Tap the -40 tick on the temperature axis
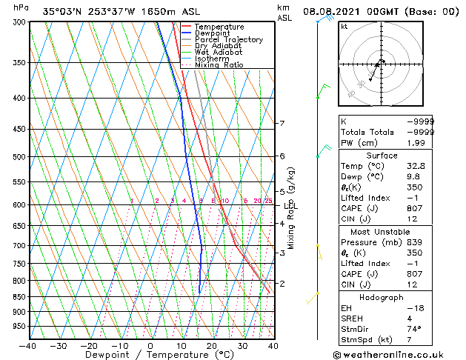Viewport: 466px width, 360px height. tap(28, 346)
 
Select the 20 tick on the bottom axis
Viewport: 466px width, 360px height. tap(211, 346)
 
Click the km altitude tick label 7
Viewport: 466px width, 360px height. tap(282, 124)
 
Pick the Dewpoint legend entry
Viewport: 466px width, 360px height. tap(214, 33)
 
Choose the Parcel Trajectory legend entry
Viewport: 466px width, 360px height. tap(228, 40)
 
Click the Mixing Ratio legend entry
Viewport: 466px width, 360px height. tap(219, 65)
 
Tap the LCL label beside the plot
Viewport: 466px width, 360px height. tap(290, 205)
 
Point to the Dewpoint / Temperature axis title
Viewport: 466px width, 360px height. tap(150, 356)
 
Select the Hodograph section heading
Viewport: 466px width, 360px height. tap(382, 297)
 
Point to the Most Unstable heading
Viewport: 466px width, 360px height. tap(382, 231)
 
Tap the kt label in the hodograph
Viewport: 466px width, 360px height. tap(344, 26)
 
